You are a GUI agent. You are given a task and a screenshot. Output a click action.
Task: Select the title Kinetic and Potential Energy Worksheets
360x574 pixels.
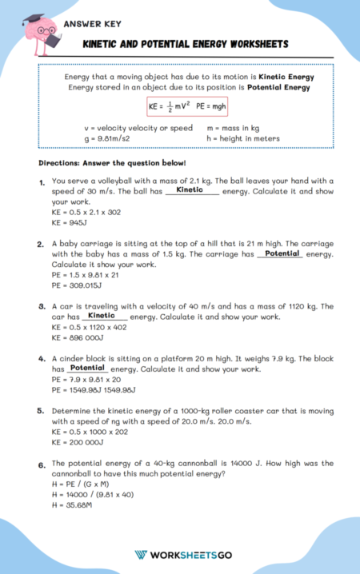[x=186, y=44]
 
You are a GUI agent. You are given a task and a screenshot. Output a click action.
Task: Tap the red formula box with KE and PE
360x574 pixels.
[x=181, y=106]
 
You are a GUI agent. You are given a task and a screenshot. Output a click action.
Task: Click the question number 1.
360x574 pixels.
[x=42, y=183]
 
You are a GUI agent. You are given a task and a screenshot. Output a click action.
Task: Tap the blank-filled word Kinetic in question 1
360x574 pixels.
[x=190, y=190]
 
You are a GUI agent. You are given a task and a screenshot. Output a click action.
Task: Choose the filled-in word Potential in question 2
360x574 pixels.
[x=281, y=253]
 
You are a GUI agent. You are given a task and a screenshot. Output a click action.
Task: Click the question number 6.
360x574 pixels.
[x=42, y=464]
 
